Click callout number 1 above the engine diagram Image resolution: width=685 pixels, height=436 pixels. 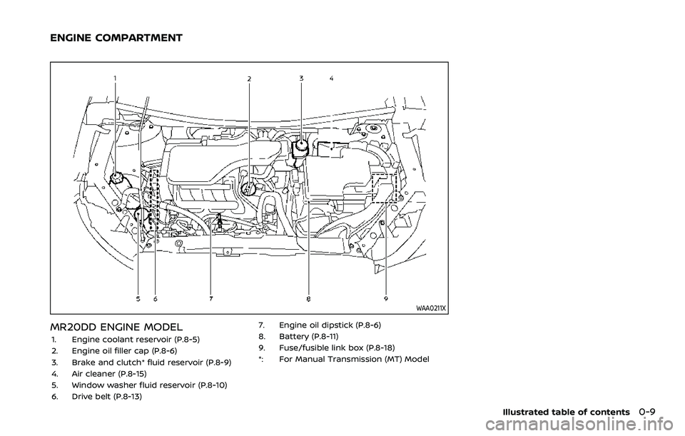click(115, 76)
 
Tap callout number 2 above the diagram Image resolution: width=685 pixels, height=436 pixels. click(249, 78)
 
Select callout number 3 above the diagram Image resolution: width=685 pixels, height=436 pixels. click(301, 77)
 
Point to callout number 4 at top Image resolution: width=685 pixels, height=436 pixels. click(332, 76)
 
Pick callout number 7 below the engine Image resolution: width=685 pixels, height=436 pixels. click(211, 299)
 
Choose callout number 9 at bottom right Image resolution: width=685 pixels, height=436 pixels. click(385, 299)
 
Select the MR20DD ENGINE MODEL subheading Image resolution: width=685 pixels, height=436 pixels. click(115, 328)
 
